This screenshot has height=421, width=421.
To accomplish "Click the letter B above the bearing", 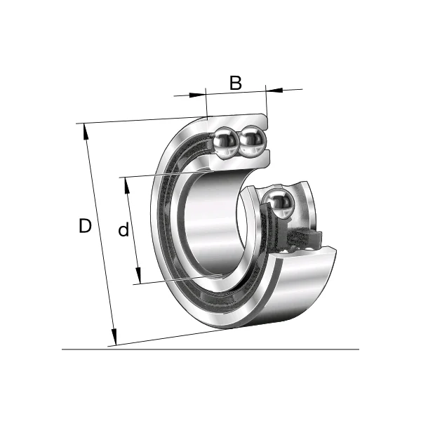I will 236,83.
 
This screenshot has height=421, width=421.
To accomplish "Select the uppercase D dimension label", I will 85,226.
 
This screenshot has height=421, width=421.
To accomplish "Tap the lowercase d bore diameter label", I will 123,229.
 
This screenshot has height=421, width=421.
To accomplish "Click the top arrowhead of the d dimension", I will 126,183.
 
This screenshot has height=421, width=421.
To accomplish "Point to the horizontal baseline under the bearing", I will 210,349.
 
